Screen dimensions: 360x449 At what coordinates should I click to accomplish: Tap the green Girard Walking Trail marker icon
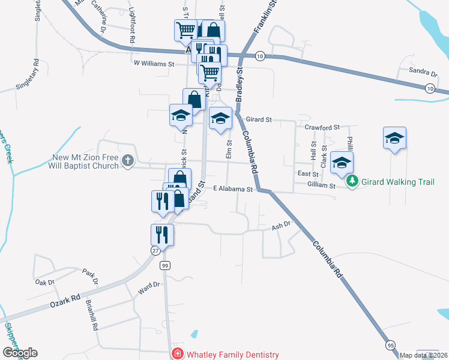coord(354,180)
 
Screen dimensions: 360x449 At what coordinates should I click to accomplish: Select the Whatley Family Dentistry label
coord(232,355)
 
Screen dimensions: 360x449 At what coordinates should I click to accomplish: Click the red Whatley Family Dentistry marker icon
coord(177,355)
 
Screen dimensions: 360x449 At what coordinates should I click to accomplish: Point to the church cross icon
coord(127,160)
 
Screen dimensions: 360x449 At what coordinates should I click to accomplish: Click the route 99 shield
coord(165,265)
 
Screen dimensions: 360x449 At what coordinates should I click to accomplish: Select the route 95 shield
coord(390,345)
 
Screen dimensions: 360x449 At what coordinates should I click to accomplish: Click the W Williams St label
coord(154,63)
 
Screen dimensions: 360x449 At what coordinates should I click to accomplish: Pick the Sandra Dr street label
coord(423,72)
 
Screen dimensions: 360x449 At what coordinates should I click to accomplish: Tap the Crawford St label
coord(322,128)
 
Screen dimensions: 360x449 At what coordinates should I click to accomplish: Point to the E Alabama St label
coord(234,189)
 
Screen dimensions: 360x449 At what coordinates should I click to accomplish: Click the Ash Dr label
coord(281,226)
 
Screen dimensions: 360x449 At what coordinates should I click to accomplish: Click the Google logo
coord(20,353)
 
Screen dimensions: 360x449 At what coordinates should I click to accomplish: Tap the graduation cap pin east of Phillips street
coord(394,138)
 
